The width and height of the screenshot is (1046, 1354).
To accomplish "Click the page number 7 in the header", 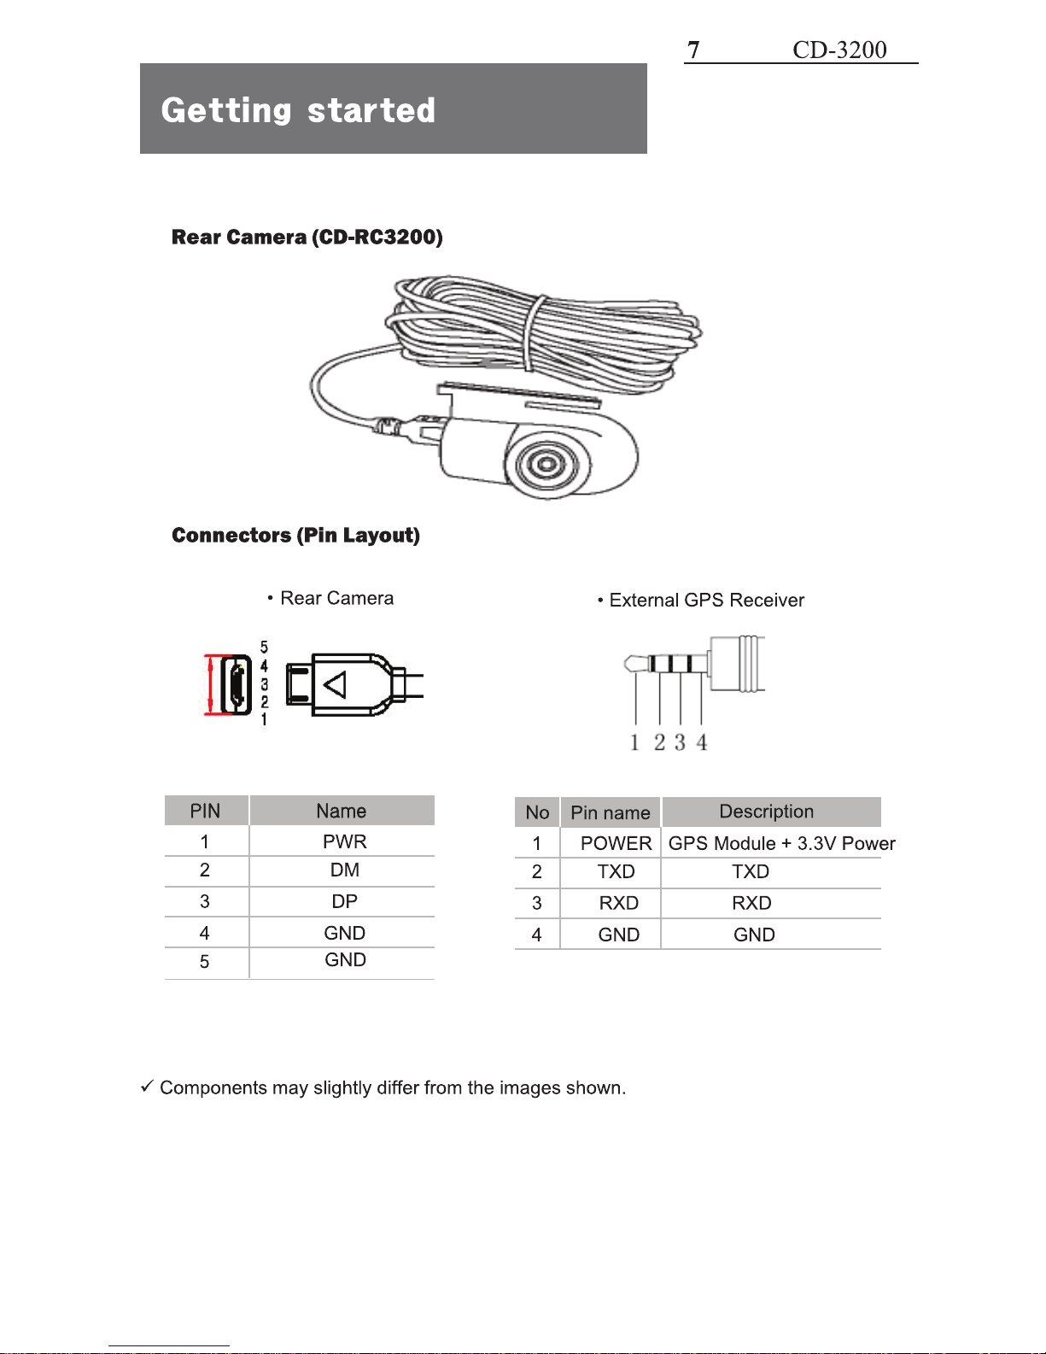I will (x=693, y=50).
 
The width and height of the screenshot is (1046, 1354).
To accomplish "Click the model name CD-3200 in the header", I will (x=839, y=50).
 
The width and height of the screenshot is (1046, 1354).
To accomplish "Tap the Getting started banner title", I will (x=298, y=110).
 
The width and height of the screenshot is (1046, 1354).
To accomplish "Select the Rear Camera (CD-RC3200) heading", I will (x=307, y=237).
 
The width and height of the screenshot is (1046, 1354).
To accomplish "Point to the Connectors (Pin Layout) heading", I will (x=295, y=536).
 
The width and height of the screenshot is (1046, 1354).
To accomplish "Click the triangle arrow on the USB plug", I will (x=335, y=684).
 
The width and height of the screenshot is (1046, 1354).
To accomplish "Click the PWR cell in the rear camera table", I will (x=344, y=841).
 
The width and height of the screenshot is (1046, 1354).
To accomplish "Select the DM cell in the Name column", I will (x=344, y=870).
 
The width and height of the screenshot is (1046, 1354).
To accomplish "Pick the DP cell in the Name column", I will (x=344, y=902).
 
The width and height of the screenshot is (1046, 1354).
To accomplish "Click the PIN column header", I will (x=205, y=811).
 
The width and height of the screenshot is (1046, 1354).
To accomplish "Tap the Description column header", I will (x=766, y=812).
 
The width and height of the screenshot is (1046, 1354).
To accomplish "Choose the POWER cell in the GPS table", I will (x=616, y=844).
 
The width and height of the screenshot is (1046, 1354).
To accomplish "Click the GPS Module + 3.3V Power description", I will (x=781, y=844).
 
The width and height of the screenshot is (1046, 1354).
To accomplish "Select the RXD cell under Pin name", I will (x=618, y=904).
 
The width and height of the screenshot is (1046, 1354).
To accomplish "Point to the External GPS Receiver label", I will (x=706, y=601).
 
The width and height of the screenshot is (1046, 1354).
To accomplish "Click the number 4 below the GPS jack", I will (x=701, y=742).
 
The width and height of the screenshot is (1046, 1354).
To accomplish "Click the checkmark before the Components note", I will (x=147, y=1087).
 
